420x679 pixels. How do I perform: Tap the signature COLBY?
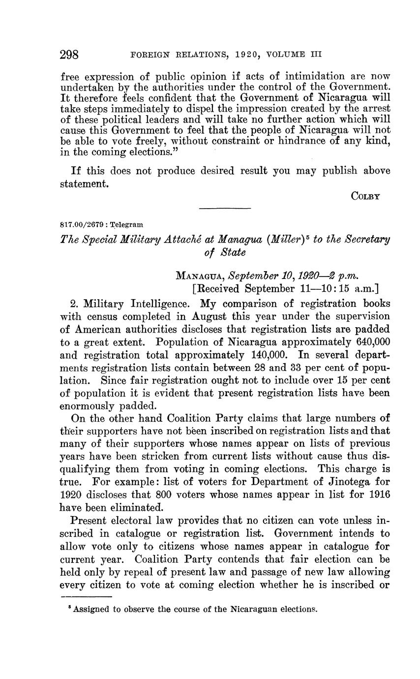[x=365, y=196]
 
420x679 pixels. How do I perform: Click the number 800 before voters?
[x=163, y=494]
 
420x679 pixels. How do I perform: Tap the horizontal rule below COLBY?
[x=225, y=209]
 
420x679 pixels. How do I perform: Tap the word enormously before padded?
[x=92, y=406]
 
